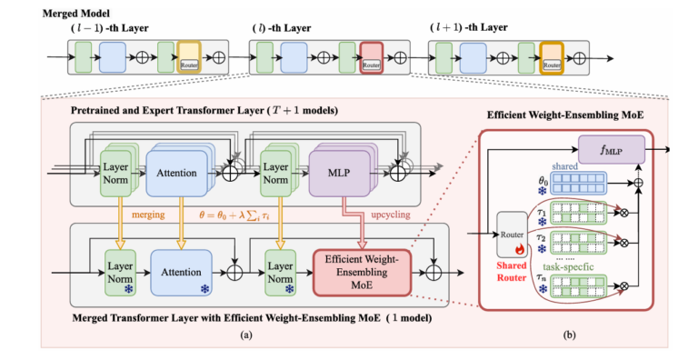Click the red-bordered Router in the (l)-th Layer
(371, 57)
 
